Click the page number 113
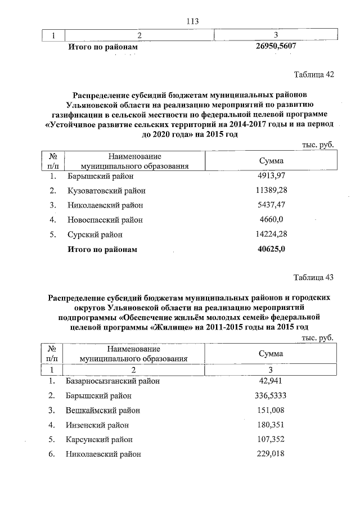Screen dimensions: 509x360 point(193,21)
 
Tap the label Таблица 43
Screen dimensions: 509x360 point(314,277)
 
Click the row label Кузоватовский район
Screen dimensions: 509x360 point(106,191)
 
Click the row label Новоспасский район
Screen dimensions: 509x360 point(105,220)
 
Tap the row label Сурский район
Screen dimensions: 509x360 point(94,235)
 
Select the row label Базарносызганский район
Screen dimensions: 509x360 point(112,381)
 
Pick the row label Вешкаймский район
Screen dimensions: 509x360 point(102,410)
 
